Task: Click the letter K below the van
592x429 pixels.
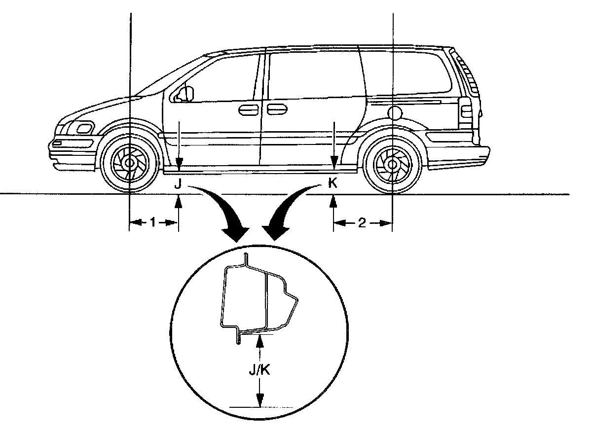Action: (333, 185)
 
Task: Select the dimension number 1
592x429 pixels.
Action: (153, 223)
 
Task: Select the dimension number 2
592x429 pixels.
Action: (362, 223)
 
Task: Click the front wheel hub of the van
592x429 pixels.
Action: (130, 162)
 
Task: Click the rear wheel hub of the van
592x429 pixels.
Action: (392, 162)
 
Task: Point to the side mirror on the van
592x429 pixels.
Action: (186, 93)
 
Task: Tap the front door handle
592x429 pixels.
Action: (245, 109)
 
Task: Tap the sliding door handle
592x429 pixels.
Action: (277, 109)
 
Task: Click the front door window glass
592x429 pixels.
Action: (217, 79)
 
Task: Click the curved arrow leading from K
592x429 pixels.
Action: (291, 207)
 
